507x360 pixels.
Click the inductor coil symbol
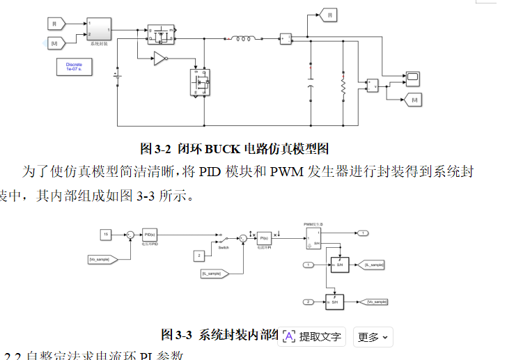coord(243,39)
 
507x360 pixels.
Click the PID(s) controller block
coord(148,235)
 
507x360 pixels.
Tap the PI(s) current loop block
coord(263,238)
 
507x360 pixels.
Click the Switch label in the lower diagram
coord(223,247)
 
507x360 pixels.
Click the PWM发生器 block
coord(311,238)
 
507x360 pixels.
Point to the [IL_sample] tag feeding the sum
coord(212,274)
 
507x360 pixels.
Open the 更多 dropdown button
coord(373,337)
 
